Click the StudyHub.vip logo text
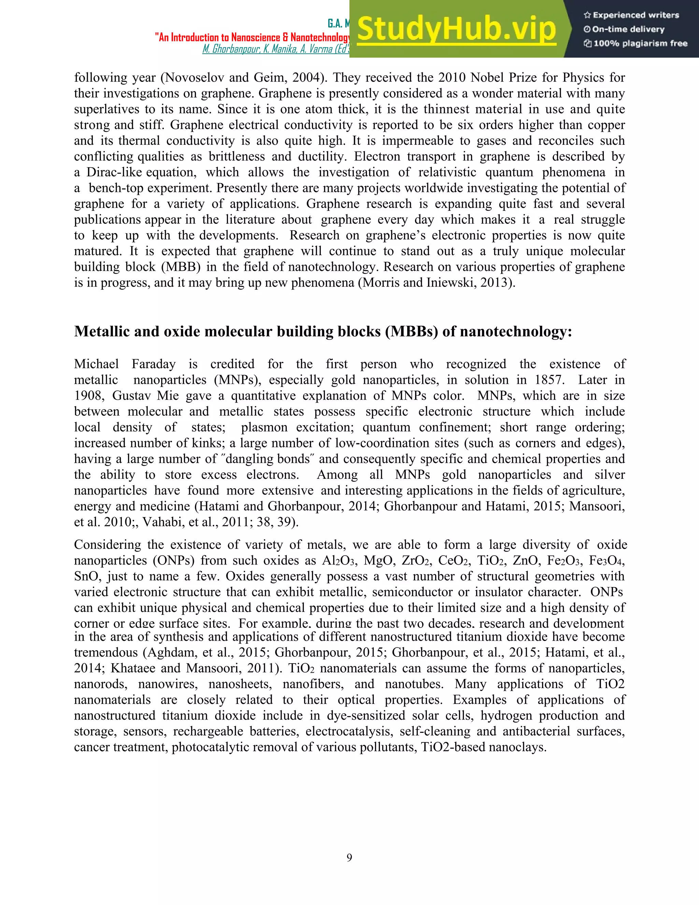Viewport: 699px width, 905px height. (x=456, y=29)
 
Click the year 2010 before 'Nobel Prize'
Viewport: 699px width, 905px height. (x=452, y=78)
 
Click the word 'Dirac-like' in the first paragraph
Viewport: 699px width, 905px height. (x=114, y=172)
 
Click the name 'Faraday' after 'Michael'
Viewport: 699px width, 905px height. (x=153, y=364)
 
